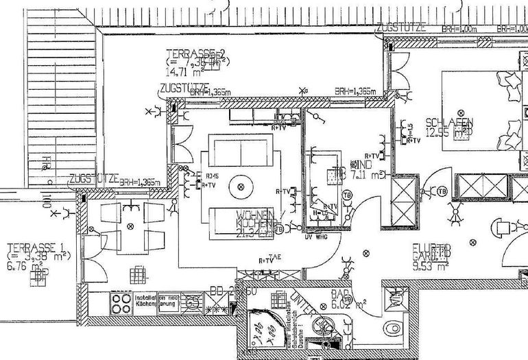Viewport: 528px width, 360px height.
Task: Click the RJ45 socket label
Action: pyautogui.click(x=211, y=176)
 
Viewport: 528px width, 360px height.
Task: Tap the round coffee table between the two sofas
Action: pyautogui.click(x=240, y=184)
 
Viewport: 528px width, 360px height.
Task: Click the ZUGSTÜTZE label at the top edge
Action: pyautogui.click(x=401, y=27)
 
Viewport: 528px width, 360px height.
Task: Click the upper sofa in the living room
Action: pyautogui.click(x=240, y=147)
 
